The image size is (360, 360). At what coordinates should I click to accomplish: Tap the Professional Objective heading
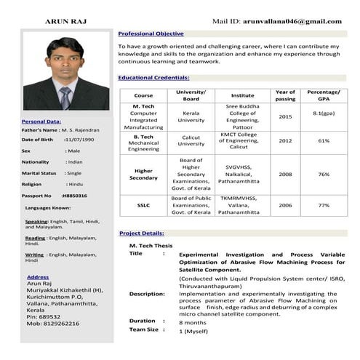pos(151,33)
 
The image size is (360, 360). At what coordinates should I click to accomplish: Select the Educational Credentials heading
pos(153,77)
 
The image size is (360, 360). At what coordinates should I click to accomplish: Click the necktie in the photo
pos(65,97)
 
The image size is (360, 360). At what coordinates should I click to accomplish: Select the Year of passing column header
pos(285,95)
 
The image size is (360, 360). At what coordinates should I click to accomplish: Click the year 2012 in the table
pos(285,140)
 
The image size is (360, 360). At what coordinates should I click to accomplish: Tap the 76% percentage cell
pos(324,174)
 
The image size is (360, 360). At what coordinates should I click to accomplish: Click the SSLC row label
pos(143,205)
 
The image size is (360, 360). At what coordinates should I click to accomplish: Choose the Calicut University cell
pos(191,140)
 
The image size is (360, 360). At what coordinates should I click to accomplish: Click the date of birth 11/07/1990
pos(79,139)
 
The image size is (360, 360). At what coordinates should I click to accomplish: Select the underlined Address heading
pos(38,277)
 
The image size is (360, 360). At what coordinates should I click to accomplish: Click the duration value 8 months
pos(193,321)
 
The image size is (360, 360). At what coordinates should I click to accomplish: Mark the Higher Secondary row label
pos(143,174)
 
